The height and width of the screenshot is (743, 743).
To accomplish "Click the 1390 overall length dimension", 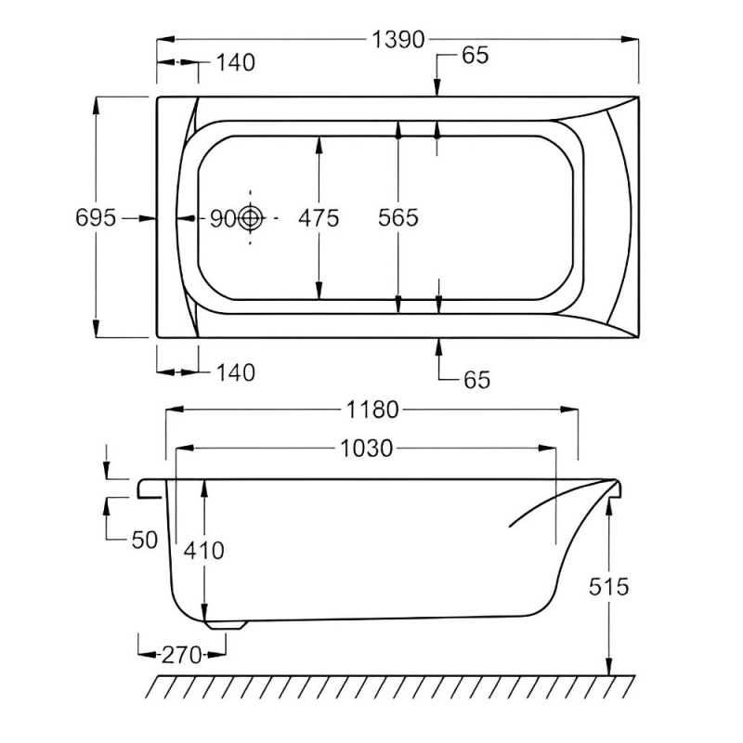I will pos(398,39).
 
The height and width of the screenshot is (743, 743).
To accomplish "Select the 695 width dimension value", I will pos(96,217).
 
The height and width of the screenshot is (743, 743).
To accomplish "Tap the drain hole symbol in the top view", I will pos(250,218).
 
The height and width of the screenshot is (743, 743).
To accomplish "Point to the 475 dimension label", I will pos(319,217).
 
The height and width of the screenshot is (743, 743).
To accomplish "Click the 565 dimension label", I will pos(398,217).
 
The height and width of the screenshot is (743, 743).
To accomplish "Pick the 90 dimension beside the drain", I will pos(223,218).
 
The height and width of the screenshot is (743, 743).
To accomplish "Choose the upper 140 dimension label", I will pos(235,62).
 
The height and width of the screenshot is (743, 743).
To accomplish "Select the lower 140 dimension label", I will pos(235,372).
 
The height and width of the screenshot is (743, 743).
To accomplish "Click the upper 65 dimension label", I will pos(474,55).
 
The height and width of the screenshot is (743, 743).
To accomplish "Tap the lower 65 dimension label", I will pos(474,379).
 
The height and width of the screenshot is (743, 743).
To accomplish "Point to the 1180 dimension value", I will pos(372,410).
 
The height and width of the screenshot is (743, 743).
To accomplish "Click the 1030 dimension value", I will pos(367,449).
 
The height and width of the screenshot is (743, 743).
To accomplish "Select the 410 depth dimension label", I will pos(204,550).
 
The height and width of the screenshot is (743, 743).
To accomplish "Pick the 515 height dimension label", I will pos(608,586).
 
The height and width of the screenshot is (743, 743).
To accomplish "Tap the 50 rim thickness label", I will pos(145,541).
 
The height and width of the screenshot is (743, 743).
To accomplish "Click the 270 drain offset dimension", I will pos(182,655).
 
